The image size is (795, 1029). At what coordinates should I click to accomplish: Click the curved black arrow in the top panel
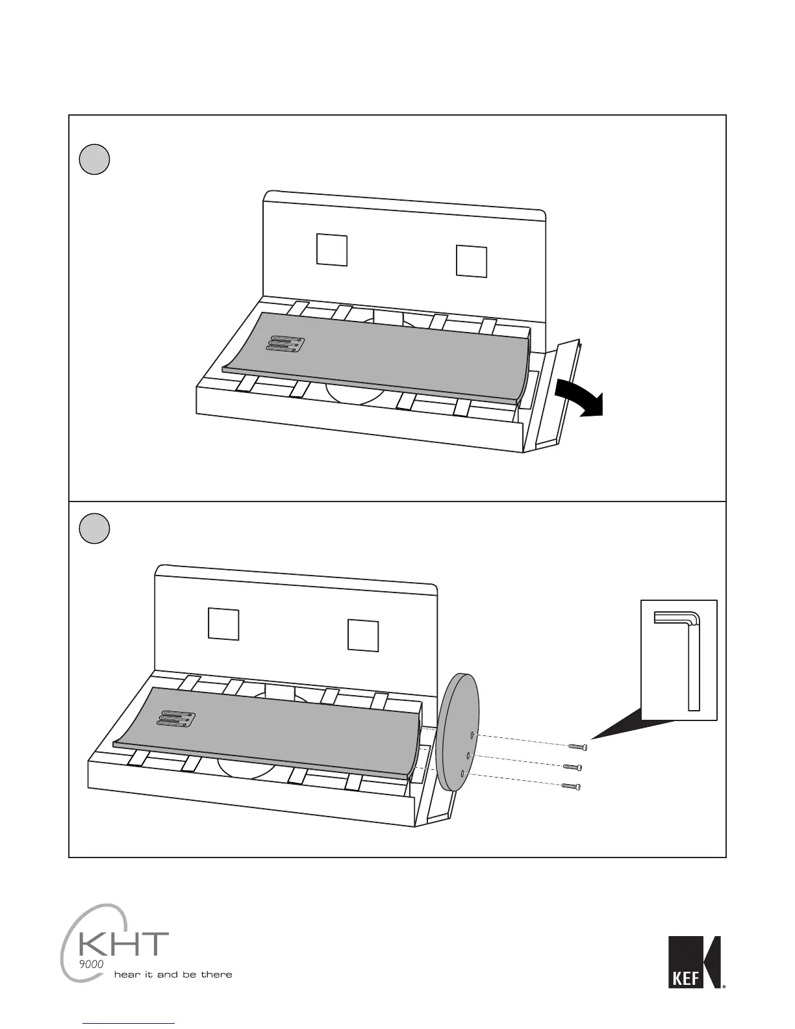tap(579, 397)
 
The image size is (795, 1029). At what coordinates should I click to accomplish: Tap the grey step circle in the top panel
tap(94, 159)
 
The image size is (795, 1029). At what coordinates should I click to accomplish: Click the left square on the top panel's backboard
tap(332, 249)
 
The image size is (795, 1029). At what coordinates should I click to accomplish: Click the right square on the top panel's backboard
tap(472, 260)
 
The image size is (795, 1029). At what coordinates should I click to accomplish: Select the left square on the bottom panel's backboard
tap(223, 624)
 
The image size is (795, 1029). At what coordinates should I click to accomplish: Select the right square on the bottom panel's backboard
tap(363, 635)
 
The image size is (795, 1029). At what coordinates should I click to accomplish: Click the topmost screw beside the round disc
tap(578, 747)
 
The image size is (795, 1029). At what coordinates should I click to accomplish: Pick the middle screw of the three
tap(572, 767)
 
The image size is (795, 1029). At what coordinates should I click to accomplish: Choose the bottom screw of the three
tap(570, 786)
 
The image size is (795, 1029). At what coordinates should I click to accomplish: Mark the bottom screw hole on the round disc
tap(462, 774)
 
